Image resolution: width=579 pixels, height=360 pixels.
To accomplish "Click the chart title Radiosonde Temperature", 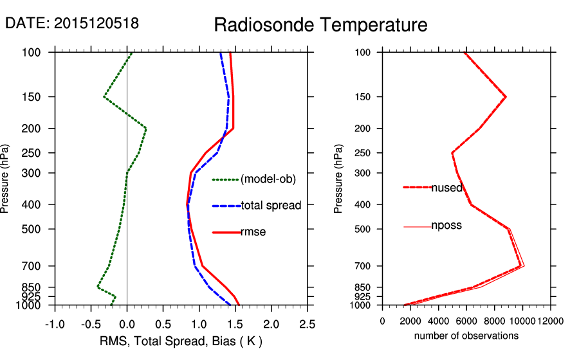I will click(320, 25).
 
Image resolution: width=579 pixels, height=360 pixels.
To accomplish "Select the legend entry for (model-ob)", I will click(268, 179).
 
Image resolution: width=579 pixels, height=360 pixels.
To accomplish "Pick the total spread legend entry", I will click(271, 206).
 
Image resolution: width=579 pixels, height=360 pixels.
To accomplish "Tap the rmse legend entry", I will click(253, 232).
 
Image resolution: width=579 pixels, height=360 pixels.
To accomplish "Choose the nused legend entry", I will click(446, 187).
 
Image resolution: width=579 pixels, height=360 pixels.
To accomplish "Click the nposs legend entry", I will click(446, 226).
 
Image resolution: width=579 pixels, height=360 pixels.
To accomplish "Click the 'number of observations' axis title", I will click(466, 336).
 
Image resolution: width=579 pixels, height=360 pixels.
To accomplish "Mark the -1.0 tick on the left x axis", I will click(55, 323).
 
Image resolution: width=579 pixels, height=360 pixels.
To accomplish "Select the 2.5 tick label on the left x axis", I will click(308, 323).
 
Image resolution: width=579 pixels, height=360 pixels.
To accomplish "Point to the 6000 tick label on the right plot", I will click(466, 320).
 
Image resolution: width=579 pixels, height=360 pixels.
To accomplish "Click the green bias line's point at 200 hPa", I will click(146, 129).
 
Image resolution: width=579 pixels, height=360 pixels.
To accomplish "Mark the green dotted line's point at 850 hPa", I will click(98, 287).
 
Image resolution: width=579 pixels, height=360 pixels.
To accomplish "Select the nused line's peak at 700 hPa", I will click(520, 266).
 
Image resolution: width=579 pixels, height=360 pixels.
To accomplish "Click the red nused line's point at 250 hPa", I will click(452, 153).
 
